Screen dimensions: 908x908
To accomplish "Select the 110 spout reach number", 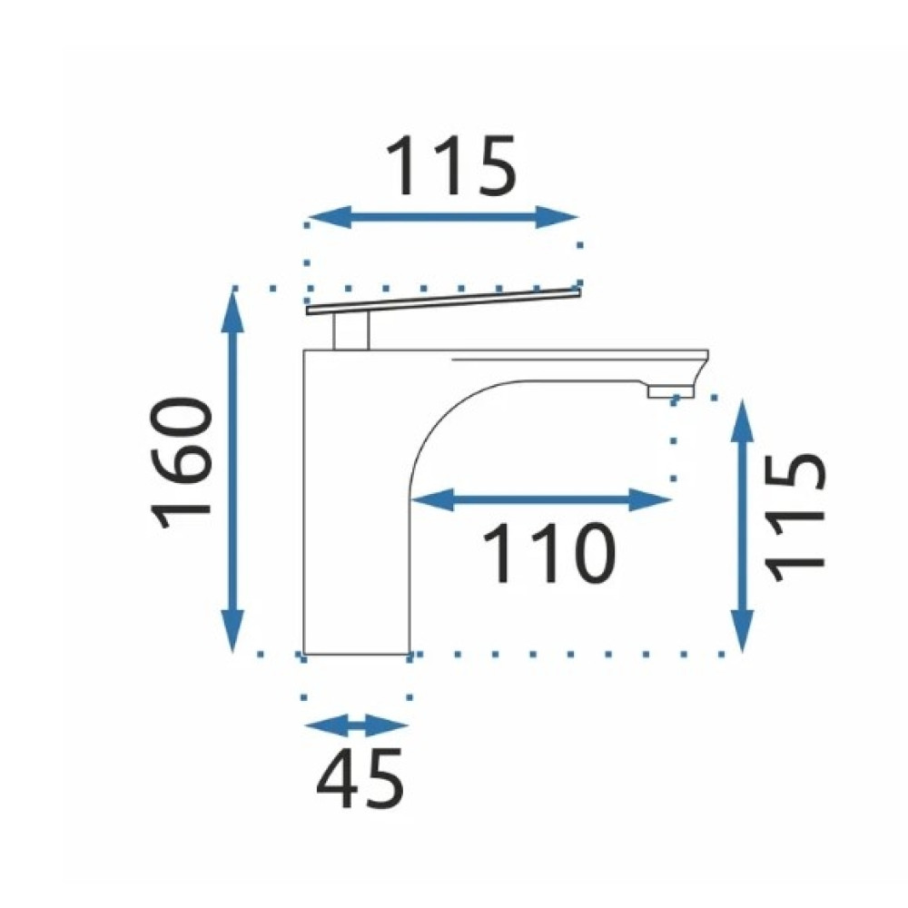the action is click(547, 554).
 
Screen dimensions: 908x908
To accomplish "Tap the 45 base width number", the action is click(360, 779).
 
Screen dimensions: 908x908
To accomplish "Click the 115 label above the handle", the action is click(450, 165).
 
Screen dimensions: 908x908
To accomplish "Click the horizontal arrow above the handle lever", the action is click(444, 217).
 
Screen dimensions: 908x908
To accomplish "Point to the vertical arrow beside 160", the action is click(232, 470).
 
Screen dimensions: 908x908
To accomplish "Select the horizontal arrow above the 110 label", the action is click(541, 499).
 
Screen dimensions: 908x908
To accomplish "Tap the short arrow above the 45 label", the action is click(357, 725).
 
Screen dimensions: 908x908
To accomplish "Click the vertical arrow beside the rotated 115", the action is click(743, 525).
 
